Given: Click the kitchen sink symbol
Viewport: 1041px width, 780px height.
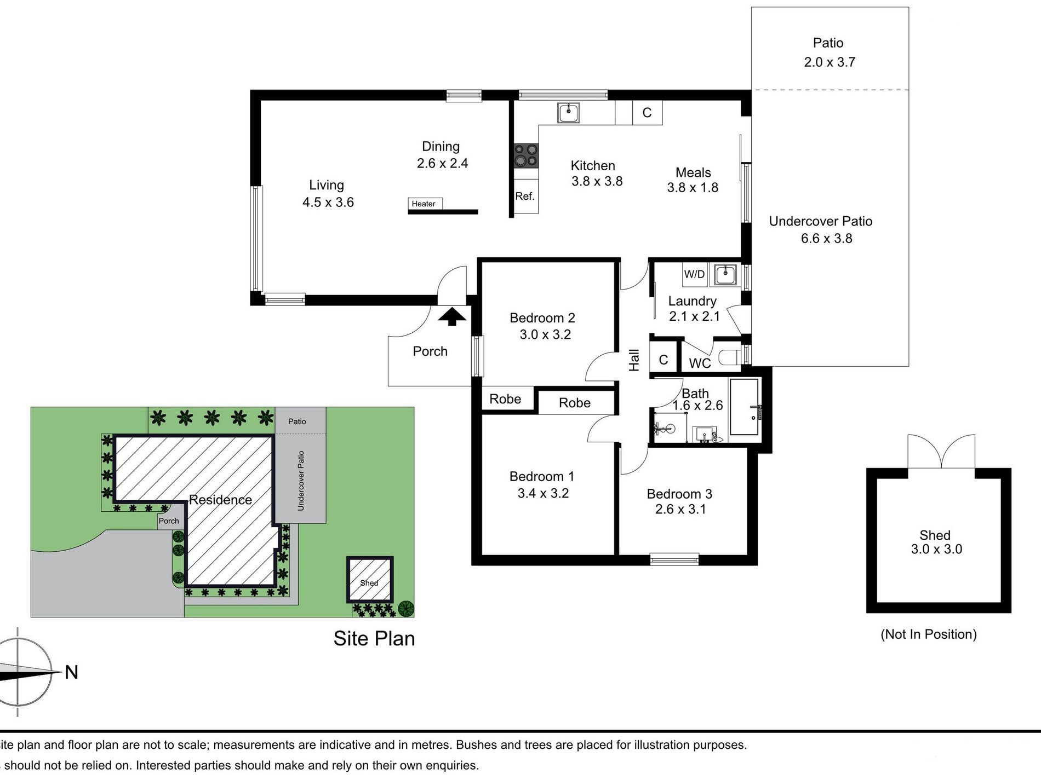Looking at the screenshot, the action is tap(569, 113).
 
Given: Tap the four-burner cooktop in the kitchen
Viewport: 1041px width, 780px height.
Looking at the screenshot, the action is tap(526, 155).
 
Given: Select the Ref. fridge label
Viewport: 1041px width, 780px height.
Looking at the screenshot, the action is tap(524, 196).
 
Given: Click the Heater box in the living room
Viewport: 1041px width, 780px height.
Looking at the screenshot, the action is tap(425, 204).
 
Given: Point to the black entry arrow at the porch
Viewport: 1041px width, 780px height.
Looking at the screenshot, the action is tap(452, 316).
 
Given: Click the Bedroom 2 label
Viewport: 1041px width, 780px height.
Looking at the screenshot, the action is tap(542, 318).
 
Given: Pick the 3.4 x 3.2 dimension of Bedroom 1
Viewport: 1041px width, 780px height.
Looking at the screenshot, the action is tap(543, 493).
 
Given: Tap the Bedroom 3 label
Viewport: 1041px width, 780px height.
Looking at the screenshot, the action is tap(679, 494).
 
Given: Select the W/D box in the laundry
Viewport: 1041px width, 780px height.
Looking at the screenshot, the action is tap(694, 274).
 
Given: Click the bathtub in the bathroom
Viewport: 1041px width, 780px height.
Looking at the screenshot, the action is tap(745, 407).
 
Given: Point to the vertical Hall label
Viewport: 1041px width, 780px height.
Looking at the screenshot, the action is tap(634, 360).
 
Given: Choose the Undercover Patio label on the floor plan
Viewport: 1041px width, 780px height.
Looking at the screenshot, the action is tap(820, 221).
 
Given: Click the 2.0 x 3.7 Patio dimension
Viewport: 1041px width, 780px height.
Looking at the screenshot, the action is tap(830, 62).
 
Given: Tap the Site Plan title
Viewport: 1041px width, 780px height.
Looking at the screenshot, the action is tap(374, 639).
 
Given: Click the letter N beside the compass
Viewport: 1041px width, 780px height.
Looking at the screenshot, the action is tap(71, 672).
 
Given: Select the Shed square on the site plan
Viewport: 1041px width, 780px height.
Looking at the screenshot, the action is tap(370, 580).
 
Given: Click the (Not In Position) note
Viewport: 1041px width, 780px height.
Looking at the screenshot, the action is tap(929, 634).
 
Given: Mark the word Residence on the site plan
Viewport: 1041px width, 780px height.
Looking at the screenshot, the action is tap(220, 500).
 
